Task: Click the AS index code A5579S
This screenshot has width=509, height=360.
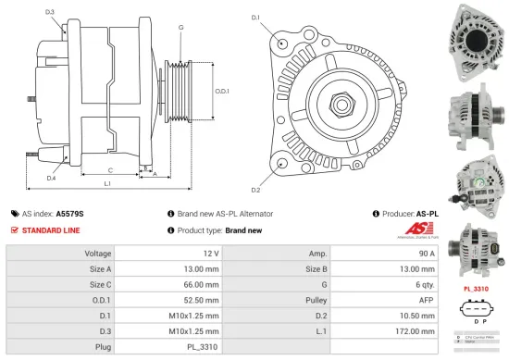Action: [x=69, y=213]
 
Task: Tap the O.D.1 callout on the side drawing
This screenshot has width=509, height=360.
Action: [x=222, y=91]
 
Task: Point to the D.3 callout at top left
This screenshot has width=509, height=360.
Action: [x=49, y=12]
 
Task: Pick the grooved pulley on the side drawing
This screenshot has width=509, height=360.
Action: [x=178, y=91]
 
